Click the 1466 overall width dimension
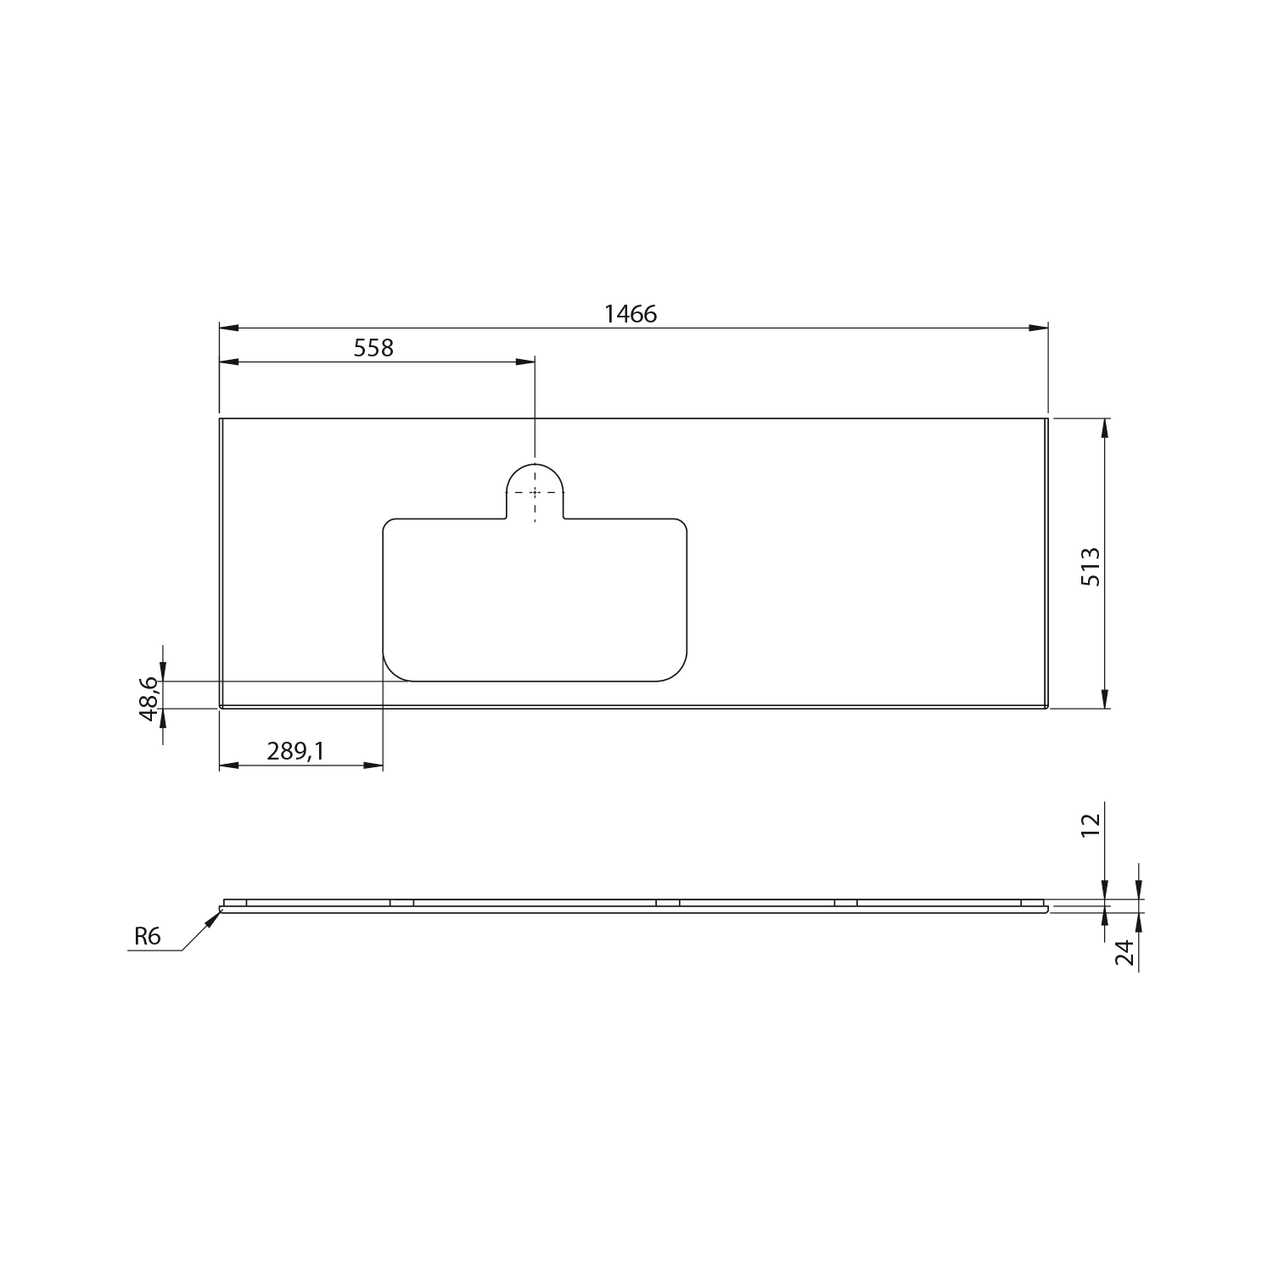(631, 314)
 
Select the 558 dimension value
(374, 348)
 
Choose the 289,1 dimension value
(296, 751)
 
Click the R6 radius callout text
(147, 936)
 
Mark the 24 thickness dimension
(1124, 952)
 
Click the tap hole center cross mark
(535, 492)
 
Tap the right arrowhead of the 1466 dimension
(1038, 328)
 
